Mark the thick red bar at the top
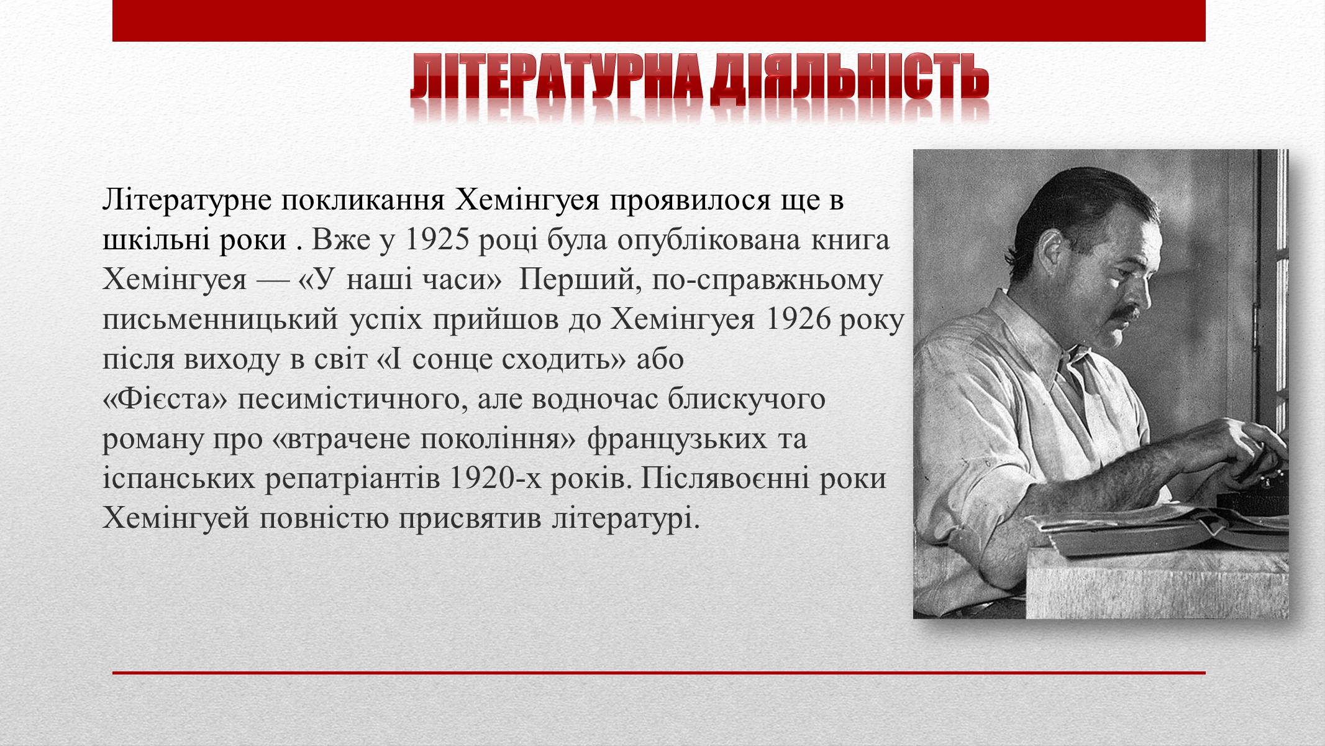pos(659,21)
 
